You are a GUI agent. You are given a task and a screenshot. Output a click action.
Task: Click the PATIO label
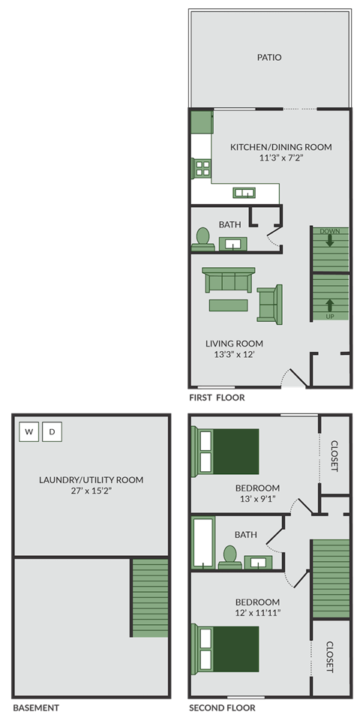click(x=269, y=57)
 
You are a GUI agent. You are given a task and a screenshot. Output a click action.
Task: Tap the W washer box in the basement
click(x=29, y=432)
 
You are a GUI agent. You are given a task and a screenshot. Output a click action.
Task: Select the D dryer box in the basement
click(x=52, y=432)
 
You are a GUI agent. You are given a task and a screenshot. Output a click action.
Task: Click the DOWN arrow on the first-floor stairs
click(x=330, y=241)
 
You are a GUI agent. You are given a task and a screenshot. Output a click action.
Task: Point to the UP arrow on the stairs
click(x=330, y=306)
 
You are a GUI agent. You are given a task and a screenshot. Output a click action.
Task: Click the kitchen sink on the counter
click(x=244, y=193)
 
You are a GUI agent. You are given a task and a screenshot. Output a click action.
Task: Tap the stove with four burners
click(x=201, y=168)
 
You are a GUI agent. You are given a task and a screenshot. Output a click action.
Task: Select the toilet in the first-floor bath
click(x=201, y=238)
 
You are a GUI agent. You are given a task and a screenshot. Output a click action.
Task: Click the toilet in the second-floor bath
click(x=229, y=556)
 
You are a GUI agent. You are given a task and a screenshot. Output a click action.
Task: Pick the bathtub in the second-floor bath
click(x=202, y=542)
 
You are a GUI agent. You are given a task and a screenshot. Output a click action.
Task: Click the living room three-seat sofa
click(x=229, y=280)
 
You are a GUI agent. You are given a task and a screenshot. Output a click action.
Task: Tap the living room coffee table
click(x=228, y=305)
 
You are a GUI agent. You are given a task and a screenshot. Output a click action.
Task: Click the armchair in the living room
click(x=269, y=304)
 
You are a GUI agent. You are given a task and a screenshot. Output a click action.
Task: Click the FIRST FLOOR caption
click(x=217, y=398)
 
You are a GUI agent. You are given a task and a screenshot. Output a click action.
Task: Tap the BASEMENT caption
click(x=36, y=707)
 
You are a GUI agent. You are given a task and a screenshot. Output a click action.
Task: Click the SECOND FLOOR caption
click(x=222, y=707)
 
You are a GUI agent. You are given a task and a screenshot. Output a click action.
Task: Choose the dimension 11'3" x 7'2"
click(x=285, y=158)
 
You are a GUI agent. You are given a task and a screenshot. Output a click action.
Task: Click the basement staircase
click(x=150, y=598)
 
